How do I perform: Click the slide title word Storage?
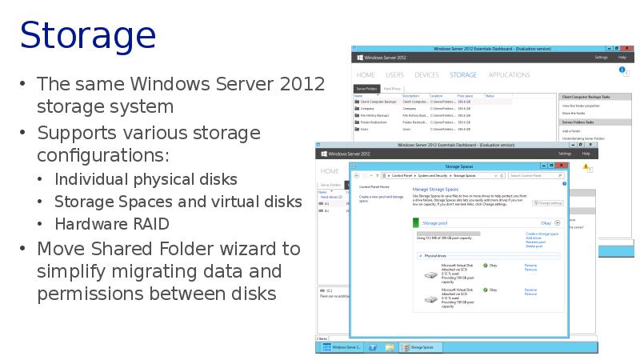(87, 36)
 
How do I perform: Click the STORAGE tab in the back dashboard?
(463, 75)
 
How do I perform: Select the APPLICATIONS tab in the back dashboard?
(509, 75)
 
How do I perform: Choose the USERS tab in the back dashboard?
(394, 75)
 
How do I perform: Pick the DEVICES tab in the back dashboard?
(426, 75)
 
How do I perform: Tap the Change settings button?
(548, 203)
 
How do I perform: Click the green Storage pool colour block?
(416, 223)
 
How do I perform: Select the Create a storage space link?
(542, 234)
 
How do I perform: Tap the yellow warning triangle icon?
(586, 168)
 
